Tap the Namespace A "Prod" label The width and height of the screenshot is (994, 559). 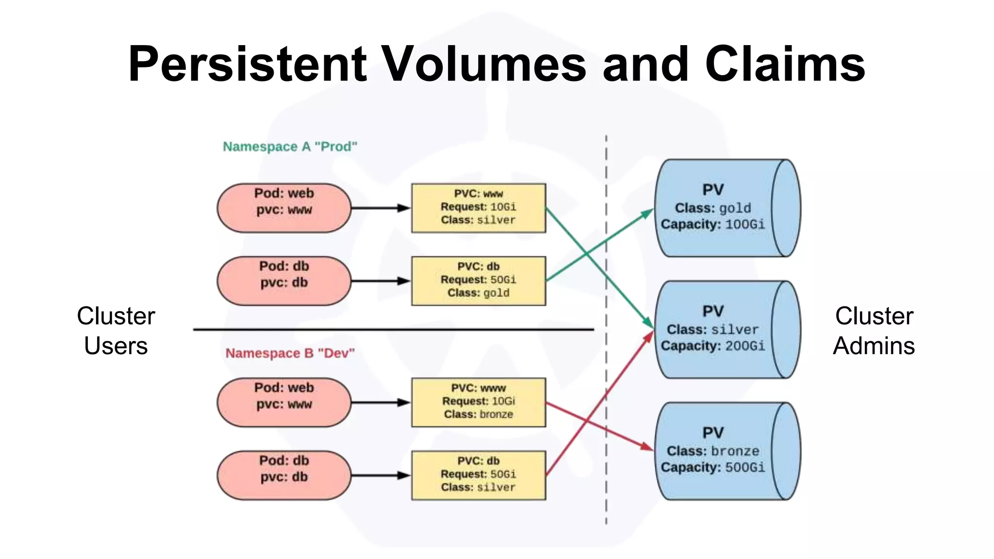[290, 147]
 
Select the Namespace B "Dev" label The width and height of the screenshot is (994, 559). [290, 353]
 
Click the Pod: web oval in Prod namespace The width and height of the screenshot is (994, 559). [284, 208]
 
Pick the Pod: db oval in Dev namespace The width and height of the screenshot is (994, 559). [284, 475]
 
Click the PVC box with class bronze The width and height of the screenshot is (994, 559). [478, 402]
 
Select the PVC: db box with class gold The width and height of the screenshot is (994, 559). [478, 281]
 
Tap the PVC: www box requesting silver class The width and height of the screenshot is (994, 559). [478, 208]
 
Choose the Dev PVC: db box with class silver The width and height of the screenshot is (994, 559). [478, 475]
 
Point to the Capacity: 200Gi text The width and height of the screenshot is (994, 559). [712, 346]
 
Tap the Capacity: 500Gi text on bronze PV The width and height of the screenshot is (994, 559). [712, 467]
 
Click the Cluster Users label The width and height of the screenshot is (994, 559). [116, 331]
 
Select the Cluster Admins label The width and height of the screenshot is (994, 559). [874, 331]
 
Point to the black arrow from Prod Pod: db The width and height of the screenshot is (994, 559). [379, 281]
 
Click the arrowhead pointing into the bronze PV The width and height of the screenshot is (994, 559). [647, 446]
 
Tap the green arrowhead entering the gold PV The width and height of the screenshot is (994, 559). [648, 213]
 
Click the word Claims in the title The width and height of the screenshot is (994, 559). [785, 64]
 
